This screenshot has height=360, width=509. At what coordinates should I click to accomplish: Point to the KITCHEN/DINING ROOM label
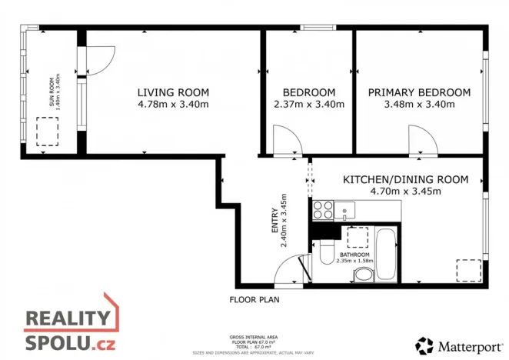(x=405, y=179)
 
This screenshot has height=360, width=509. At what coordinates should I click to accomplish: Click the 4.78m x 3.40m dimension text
(x=173, y=105)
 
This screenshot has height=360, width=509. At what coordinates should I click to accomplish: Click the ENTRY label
(x=274, y=223)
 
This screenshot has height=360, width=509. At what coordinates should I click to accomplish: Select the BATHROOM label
(x=354, y=255)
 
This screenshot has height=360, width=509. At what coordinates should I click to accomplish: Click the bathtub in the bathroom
(x=388, y=255)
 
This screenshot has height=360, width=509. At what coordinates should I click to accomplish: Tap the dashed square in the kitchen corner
(x=468, y=272)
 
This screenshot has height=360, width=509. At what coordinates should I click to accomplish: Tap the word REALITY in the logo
(x=68, y=318)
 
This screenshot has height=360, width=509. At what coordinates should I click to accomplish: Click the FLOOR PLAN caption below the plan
(x=255, y=299)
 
